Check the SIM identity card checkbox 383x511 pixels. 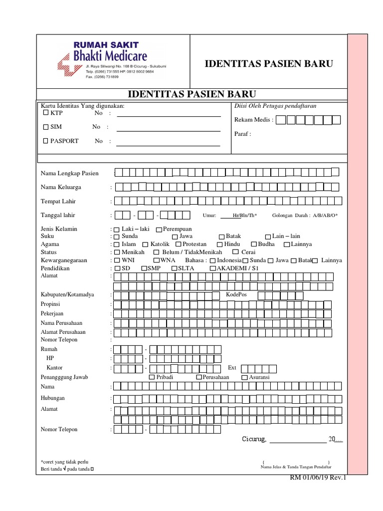pyautogui.click(x=46, y=127)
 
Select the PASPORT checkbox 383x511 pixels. pyautogui.click(x=46, y=141)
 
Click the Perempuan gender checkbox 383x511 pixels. pyautogui.click(x=159, y=230)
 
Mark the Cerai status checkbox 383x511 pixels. pyautogui.click(x=236, y=253)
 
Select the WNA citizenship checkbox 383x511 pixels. pyautogui.click(x=156, y=260)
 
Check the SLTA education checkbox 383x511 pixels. pyautogui.click(x=175, y=268)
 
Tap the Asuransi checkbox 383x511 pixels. pyautogui.click(x=244, y=378)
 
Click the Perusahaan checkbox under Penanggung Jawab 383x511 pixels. pyautogui.click(x=199, y=378)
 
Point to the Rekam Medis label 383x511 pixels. pyautogui.click(x=253, y=120)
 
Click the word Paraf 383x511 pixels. pyautogui.click(x=242, y=134)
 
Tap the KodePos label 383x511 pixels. pyautogui.click(x=236, y=295)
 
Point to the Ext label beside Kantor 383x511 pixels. pyautogui.click(x=232, y=368)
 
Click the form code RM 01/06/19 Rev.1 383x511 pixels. pyautogui.click(x=318, y=479)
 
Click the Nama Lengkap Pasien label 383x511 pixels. pyautogui.click(x=69, y=174)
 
